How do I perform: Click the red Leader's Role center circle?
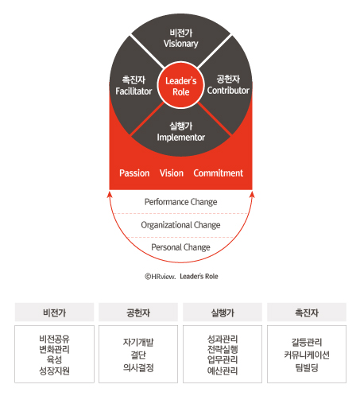(181, 85)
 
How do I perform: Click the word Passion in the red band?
(134, 173)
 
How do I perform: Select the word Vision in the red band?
(172, 173)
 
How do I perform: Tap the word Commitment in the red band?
(218, 173)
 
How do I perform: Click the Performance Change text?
(180, 202)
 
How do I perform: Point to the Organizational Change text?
(180, 225)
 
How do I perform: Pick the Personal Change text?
(180, 247)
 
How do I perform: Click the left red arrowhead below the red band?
(110, 195)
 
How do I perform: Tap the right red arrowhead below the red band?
(252, 195)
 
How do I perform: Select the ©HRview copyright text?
(160, 277)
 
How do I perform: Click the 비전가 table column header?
(54, 313)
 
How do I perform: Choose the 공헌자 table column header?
(138, 313)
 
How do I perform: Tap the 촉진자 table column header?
(307, 313)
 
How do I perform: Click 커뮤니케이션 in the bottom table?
(307, 355)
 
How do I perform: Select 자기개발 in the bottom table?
(138, 342)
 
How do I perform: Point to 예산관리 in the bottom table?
(223, 371)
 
